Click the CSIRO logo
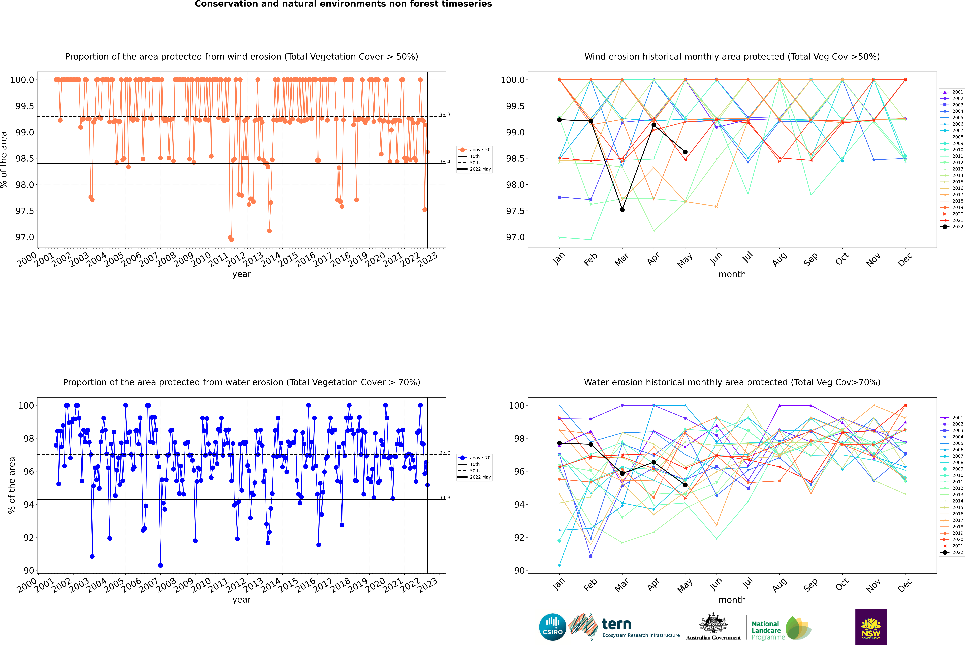coord(552,627)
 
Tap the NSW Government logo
coord(871,627)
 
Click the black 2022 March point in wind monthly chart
coord(622,210)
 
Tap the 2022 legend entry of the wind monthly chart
coord(952,227)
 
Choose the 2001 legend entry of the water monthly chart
coord(952,418)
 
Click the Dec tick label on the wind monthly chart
coord(905,260)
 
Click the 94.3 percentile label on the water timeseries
coord(445,498)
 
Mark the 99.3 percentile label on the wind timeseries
coord(445,115)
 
